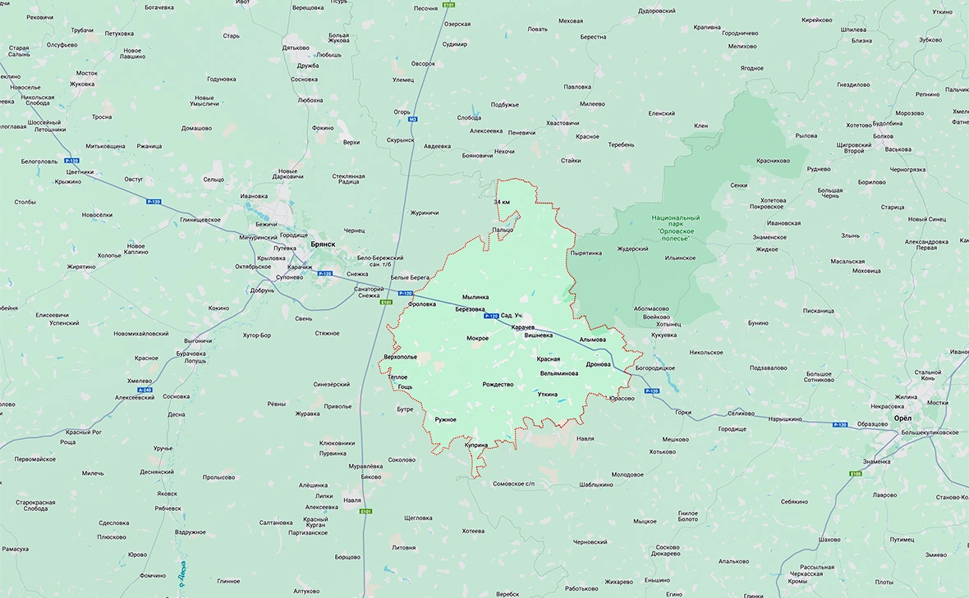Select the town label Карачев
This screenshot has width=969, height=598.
(522, 327)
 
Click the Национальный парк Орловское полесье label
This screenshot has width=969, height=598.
(676, 227)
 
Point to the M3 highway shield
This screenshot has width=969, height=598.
(412, 119)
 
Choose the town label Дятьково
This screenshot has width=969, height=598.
(296, 48)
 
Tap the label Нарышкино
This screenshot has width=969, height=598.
(784, 418)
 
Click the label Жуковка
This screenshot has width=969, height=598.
(82, 84)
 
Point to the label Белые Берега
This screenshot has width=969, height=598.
(410, 279)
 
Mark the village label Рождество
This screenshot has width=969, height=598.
(498, 385)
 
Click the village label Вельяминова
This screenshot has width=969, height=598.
(558, 373)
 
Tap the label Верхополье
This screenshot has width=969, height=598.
(401, 357)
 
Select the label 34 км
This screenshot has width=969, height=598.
(502, 202)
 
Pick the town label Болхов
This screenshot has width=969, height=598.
(883, 135)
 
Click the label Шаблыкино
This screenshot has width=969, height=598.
(595, 485)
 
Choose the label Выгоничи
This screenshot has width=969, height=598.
(198, 340)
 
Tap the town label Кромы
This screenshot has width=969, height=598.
(797, 581)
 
